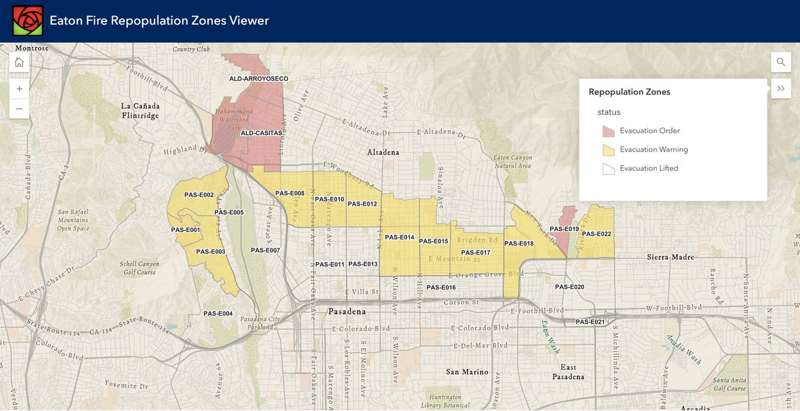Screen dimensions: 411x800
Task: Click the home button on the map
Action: click(19, 62)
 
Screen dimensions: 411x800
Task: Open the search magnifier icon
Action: click(781, 62)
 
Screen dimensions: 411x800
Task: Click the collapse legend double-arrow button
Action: click(781, 89)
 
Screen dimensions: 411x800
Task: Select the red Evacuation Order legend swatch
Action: click(608, 131)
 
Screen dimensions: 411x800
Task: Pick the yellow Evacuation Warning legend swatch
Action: click(608, 149)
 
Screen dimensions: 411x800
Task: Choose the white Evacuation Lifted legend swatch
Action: click(608, 169)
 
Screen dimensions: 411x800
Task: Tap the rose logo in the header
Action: click(27, 21)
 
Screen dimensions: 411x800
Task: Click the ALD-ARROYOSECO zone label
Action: click(259, 79)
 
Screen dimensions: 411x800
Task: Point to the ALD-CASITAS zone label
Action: click(262, 133)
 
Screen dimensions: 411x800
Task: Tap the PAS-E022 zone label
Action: click(596, 234)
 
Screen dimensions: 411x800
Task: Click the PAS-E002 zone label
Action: click(198, 195)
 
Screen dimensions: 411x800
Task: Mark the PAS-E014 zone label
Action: click(399, 238)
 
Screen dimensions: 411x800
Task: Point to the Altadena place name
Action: click(383, 152)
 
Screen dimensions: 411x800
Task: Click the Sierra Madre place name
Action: click(671, 257)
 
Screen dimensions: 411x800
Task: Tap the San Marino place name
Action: click(467, 372)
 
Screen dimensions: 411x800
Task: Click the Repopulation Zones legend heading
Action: click(629, 92)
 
